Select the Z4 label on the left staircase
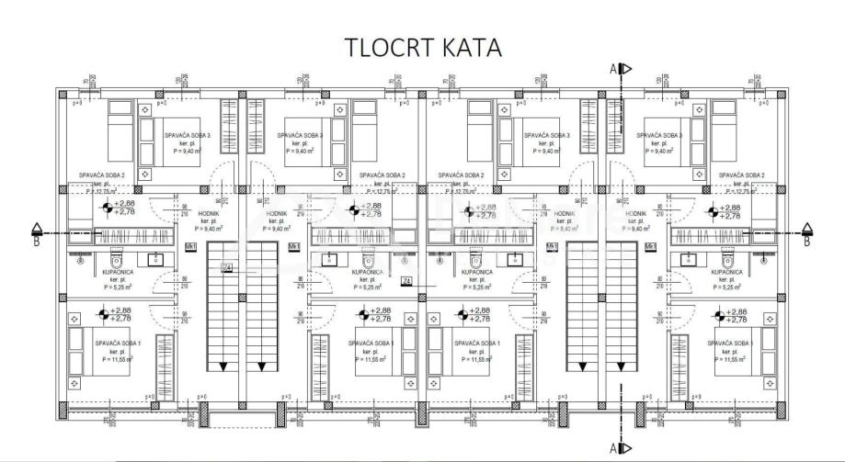[226, 267]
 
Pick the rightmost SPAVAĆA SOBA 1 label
[732, 343]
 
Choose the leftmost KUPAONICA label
[119, 273]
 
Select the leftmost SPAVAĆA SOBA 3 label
[188, 135]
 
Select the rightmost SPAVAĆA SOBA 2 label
[742, 175]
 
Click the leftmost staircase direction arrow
[222, 366]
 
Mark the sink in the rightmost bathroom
[689, 257]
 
